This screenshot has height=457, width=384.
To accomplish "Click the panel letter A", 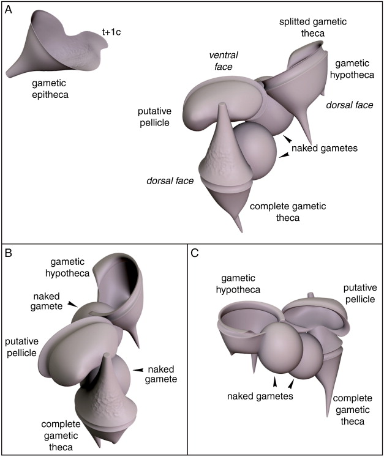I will [10, 11].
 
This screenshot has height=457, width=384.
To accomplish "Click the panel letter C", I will [195, 251].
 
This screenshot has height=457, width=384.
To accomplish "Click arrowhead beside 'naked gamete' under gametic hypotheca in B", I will [73, 303].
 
